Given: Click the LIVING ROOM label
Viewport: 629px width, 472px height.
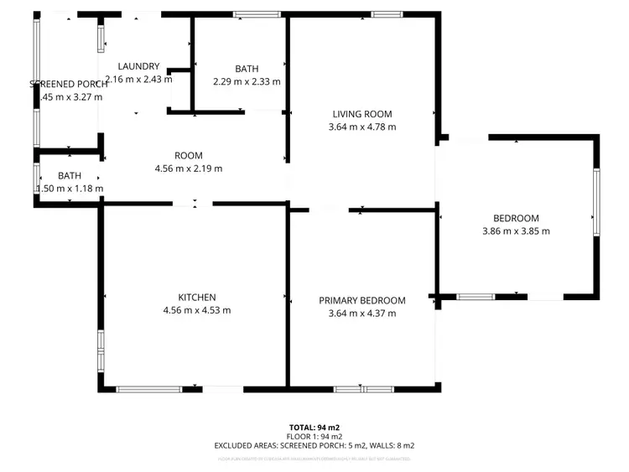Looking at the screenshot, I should click(362, 114).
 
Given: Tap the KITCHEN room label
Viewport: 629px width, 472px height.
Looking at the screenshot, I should click(197, 298).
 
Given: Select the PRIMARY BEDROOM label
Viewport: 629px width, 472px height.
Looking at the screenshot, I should click(362, 301).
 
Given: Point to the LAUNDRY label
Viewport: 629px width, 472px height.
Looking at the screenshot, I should click(138, 66).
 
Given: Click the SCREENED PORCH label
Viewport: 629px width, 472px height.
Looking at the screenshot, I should click(69, 84).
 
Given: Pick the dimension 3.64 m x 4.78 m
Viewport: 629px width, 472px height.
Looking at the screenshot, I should click(362, 127).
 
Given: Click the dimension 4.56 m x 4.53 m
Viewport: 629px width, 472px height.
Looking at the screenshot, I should click(197, 310).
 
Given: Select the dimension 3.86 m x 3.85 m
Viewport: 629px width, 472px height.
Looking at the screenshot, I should click(516, 231).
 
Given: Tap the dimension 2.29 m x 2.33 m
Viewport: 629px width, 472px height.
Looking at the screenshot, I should click(247, 81).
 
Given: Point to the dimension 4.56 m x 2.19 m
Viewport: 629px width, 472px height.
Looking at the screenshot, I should click(189, 169).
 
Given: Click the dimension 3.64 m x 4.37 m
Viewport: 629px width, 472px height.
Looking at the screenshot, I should click(362, 314).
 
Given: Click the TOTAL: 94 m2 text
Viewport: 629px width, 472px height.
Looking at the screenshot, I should click(314, 428).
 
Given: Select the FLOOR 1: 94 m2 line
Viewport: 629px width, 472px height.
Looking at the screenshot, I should click(314, 437).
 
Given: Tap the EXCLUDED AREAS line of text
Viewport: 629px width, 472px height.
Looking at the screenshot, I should click(314, 446).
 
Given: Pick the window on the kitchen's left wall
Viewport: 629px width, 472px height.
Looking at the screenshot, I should click(101, 350).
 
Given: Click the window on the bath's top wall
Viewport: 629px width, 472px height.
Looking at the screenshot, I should click(257, 13).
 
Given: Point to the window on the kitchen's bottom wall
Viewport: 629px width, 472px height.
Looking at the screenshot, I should click(148, 389).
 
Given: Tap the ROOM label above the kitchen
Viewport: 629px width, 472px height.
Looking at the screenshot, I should click(189, 155).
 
